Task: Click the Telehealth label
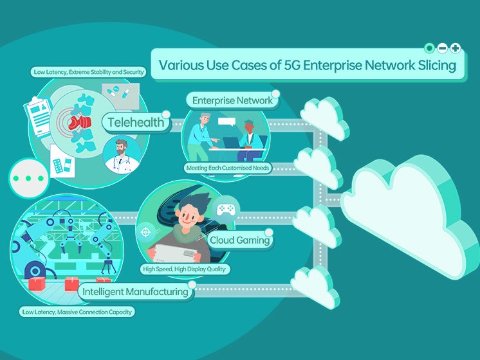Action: coord(136,122)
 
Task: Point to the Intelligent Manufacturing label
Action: coord(136,292)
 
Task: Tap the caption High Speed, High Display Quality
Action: coord(184,269)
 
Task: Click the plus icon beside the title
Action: coord(456,48)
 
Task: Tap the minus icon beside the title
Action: coord(443,48)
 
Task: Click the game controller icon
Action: coord(226,210)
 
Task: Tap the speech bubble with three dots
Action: coord(29,177)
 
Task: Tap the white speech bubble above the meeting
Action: coord(226,122)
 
